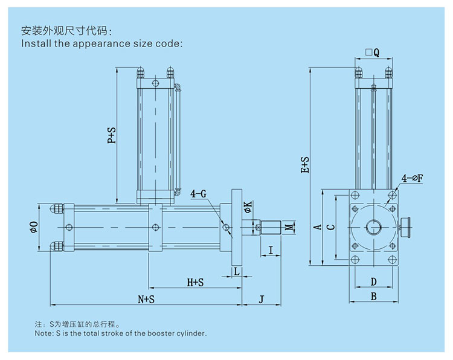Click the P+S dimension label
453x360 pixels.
click(112, 135)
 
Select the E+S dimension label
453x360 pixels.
click(306, 165)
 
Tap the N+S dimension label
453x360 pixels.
click(146, 299)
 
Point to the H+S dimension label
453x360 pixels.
click(195, 282)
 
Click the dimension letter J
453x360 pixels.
click(261, 299)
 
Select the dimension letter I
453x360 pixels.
click(271, 249)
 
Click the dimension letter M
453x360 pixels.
click(290, 228)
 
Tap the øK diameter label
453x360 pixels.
click(248, 208)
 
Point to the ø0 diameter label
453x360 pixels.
click(34, 227)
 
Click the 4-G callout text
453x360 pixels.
click(199, 194)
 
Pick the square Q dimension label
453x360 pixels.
click(372, 53)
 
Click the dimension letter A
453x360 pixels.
click(316, 227)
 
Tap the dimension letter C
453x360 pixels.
click(329, 227)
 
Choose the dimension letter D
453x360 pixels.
click(373, 281)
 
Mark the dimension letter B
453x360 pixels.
click(373, 296)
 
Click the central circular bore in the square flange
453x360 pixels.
click(373, 228)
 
